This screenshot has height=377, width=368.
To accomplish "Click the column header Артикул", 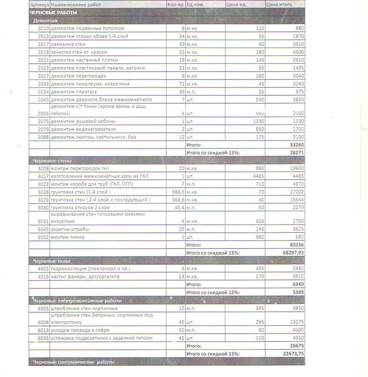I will pos(39,5).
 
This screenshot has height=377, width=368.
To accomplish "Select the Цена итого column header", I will pos(279,5).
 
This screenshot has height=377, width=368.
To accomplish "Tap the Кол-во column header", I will pos(175,5).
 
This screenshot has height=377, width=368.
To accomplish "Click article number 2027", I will pos(43,76).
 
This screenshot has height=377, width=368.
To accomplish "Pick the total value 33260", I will pos(297,145).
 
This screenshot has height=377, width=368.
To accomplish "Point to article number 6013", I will pos(43,330).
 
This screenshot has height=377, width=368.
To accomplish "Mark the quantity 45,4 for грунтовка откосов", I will pos(178,207).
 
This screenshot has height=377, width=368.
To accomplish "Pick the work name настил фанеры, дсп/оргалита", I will pos(85,276).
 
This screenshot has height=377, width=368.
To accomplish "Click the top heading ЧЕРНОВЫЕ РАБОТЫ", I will pos(53,13).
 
